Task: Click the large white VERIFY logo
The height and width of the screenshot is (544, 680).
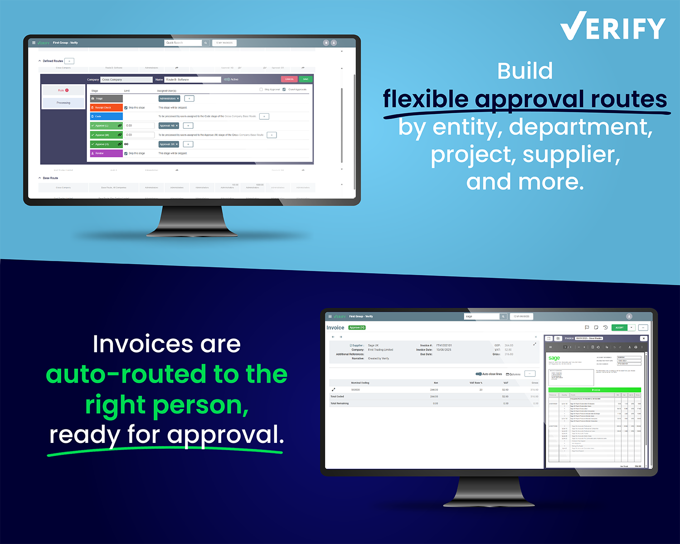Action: tap(612, 28)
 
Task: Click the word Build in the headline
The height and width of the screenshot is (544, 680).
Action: tap(525, 71)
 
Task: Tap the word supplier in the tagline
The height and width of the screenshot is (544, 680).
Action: tap(571, 155)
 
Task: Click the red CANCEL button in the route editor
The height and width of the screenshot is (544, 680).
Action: tap(289, 79)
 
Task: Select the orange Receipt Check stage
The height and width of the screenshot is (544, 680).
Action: tap(106, 107)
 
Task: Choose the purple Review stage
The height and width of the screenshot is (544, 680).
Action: tap(106, 153)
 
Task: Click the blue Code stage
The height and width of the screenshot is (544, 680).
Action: tap(106, 117)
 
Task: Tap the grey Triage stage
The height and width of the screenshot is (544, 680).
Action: tap(106, 98)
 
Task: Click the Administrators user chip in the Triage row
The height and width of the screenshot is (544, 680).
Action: tap(169, 98)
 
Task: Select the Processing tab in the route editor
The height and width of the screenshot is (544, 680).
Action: tap(63, 103)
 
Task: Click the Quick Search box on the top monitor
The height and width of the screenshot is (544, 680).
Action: tap(183, 43)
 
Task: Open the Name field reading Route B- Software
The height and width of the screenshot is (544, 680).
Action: tap(192, 79)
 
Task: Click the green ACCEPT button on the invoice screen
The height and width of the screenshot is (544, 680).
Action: tap(619, 327)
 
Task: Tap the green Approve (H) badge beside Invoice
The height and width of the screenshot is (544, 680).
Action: tap(357, 327)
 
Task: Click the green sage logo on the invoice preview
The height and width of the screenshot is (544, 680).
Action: tap(554, 358)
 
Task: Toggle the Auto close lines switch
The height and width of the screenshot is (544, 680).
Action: tap(478, 374)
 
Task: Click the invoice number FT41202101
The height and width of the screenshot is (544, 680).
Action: tap(444, 345)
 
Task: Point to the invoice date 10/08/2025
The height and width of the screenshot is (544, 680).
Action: tap(443, 350)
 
